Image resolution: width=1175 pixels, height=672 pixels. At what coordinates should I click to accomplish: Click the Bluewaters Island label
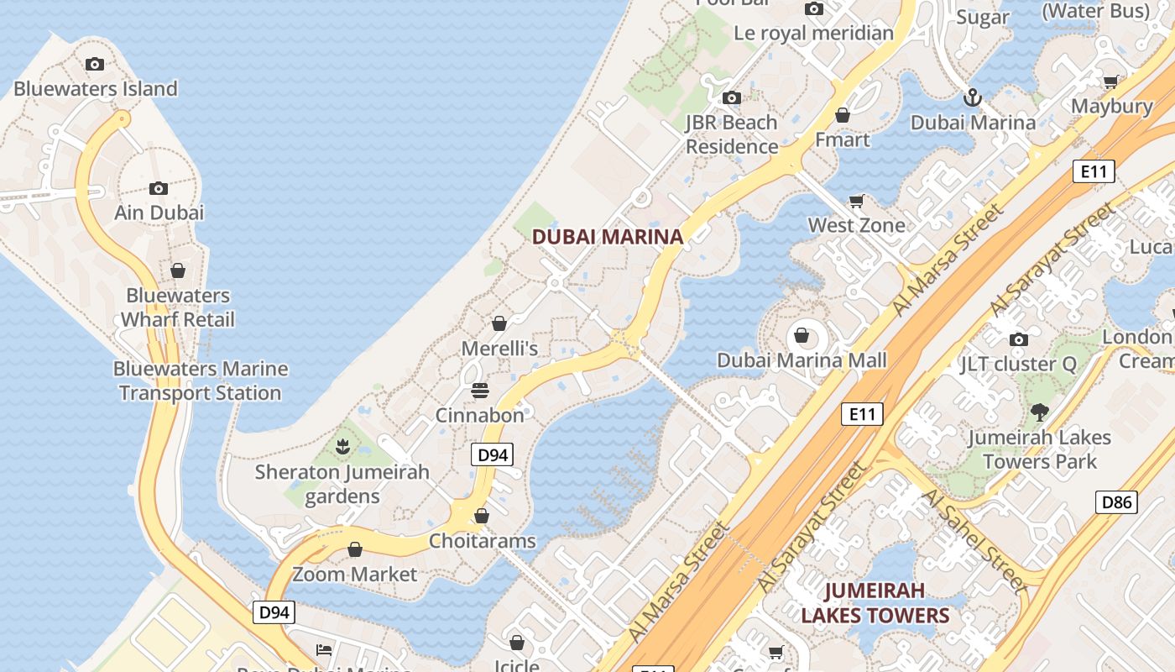[x=96, y=88]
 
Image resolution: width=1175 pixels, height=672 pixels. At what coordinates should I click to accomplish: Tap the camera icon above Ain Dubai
[x=159, y=188]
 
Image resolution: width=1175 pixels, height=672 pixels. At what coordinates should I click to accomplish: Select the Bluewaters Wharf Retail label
[x=178, y=307]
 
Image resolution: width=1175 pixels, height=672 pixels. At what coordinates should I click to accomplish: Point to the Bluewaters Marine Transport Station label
[x=201, y=381]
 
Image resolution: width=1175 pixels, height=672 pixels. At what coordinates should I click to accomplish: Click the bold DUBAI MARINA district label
[x=608, y=237]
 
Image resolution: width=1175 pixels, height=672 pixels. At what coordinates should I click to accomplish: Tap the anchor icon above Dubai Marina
[x=972, y=97]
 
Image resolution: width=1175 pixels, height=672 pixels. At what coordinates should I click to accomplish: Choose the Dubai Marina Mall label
[x=802, y=360]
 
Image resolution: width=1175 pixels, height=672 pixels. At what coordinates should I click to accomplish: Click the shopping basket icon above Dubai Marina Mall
[x=802, y=336]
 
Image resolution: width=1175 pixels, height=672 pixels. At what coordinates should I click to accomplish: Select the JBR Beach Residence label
[x=732, y=134]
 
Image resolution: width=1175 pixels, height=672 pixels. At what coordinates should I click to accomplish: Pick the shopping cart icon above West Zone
[x=856, y=201]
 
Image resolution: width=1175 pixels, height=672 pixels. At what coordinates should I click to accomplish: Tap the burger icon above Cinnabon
[x=480, y=391]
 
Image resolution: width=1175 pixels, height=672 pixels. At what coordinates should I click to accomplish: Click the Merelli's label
[x=499, y=348]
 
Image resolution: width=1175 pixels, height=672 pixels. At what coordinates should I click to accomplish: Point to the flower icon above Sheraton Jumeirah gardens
[x=342, y=447]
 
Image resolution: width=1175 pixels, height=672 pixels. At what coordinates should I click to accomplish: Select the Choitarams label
[x=482, y=541]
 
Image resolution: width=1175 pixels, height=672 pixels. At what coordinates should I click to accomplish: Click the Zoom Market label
[x=354, y=575]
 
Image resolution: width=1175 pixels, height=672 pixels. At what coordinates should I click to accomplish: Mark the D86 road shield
[x=1116, y=503]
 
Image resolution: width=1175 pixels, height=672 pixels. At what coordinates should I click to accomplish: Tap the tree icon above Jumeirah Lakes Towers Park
[x=1040, y=412]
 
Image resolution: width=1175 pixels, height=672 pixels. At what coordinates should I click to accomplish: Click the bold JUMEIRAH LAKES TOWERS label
[x=875, y=603]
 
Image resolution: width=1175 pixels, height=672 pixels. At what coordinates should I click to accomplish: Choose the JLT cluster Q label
[x=1018, y=364]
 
